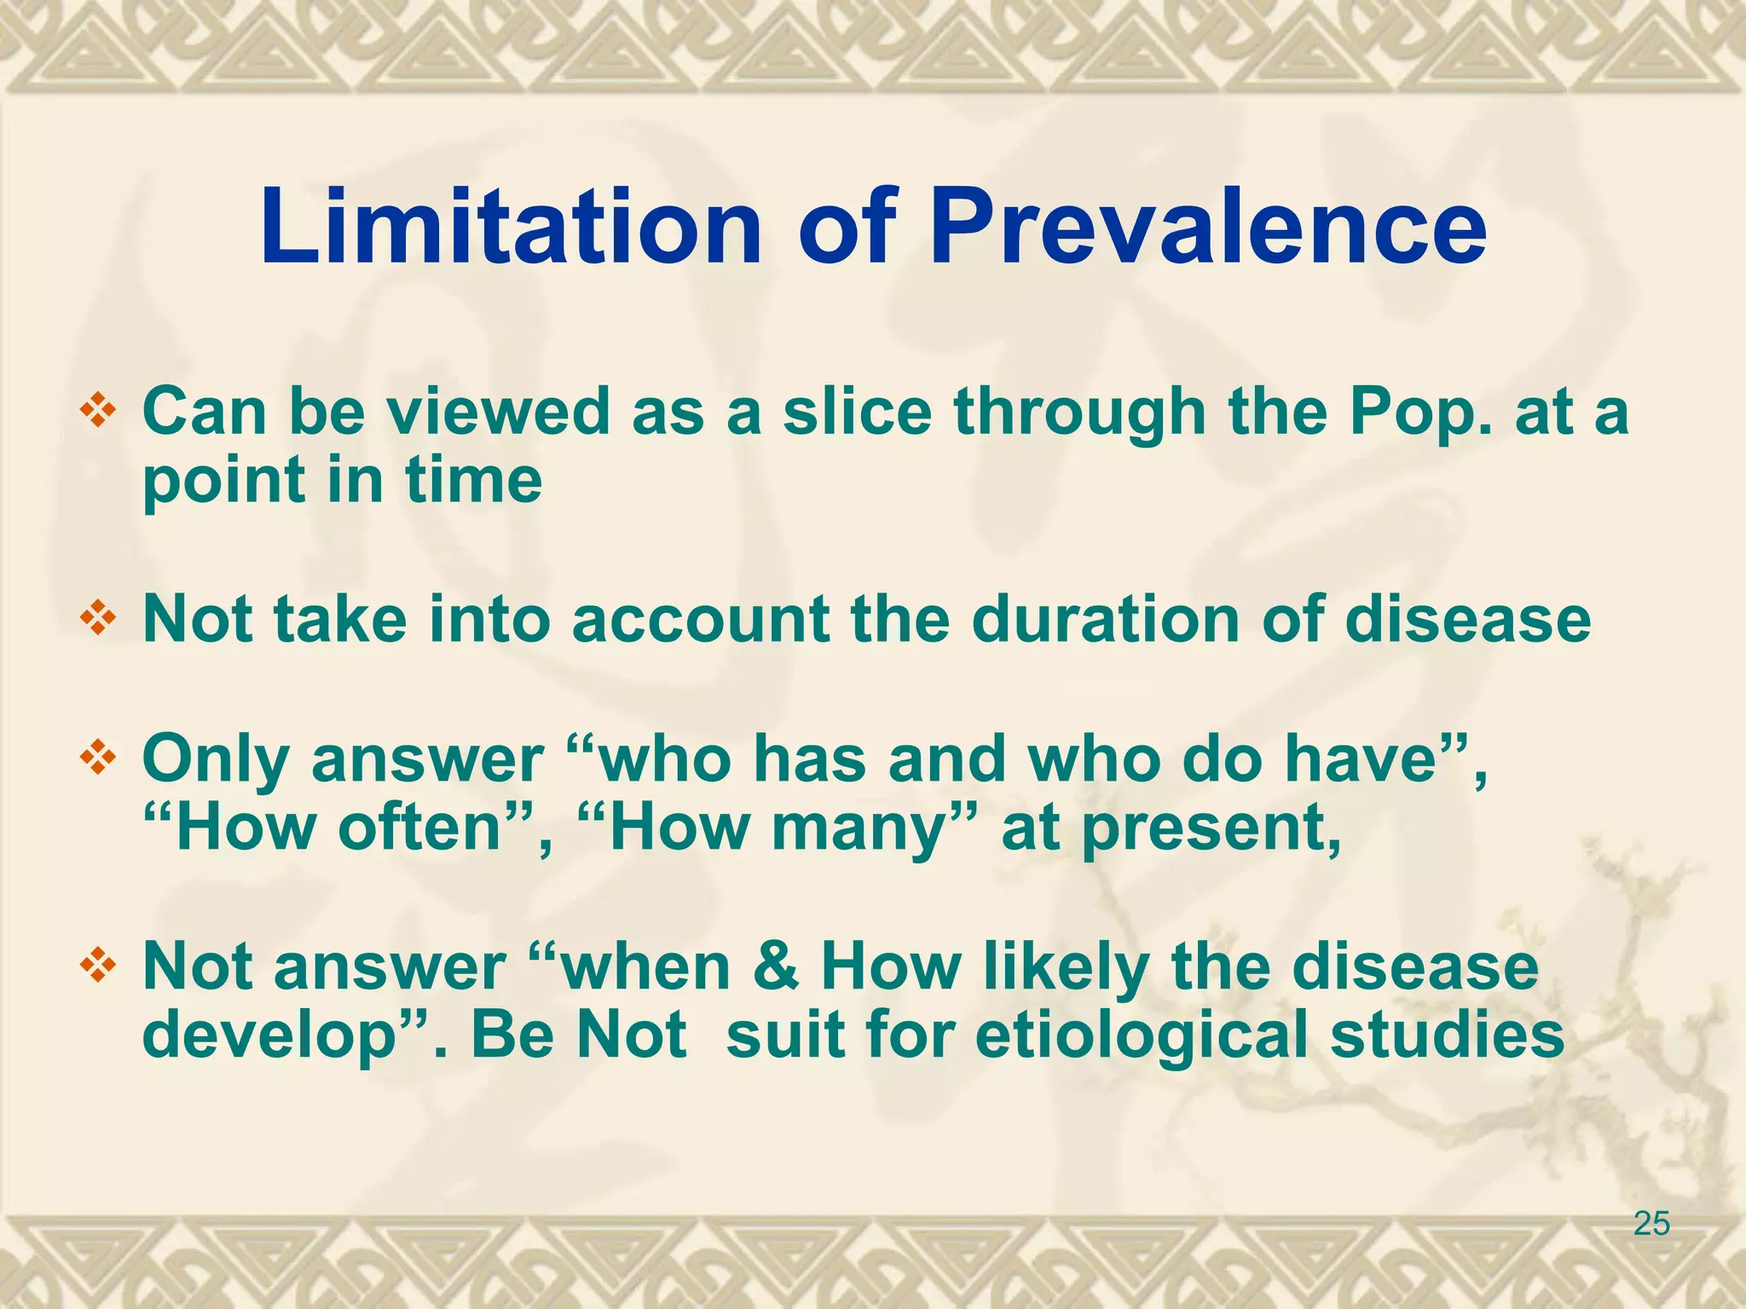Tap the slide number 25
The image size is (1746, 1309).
click(1651, 1225)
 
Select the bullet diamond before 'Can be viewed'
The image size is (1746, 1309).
click(97, 412)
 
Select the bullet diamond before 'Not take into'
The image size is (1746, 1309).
click(97, 620)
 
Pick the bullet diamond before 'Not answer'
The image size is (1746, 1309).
click(97, 966)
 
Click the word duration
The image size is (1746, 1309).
click(1106, 620)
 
